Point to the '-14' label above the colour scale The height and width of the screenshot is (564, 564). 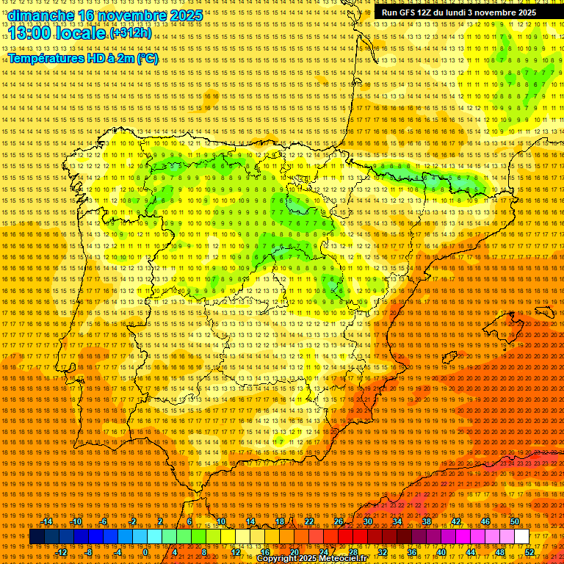point(48,521)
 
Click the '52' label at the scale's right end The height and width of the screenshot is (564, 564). point(529,552)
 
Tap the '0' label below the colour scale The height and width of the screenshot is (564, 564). point(145,552)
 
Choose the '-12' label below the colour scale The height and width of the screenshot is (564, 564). point(62,552)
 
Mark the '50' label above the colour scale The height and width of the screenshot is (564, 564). point(515,521)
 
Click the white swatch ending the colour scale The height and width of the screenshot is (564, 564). point(521,537)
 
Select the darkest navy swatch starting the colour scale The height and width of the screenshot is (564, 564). point(37,537)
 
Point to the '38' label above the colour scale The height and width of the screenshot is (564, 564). point(427,521)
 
